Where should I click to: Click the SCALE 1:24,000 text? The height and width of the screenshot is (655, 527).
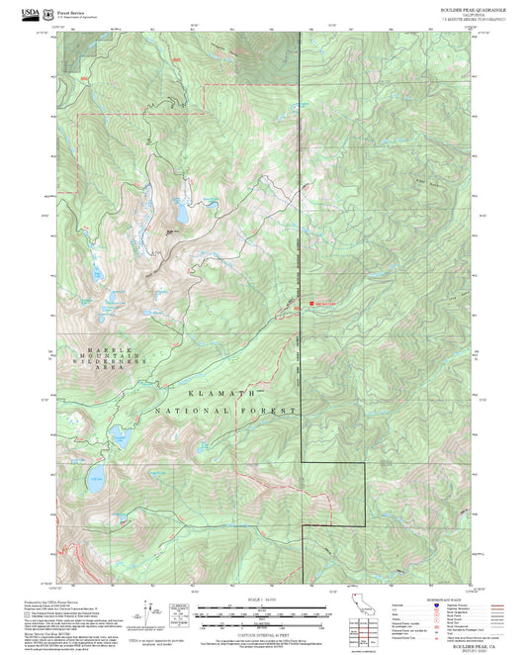click(x=261, y=599)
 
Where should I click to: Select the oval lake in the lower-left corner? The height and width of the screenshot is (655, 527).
click(x=95, y=480)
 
